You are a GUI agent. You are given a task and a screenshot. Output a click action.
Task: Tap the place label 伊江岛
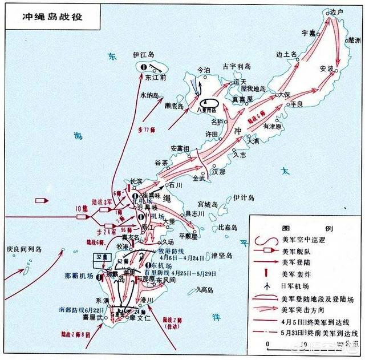pyautogui.click(x=144, y=54)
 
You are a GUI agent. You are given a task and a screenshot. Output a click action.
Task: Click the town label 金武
pyautogui.click(x=200, y=179)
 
